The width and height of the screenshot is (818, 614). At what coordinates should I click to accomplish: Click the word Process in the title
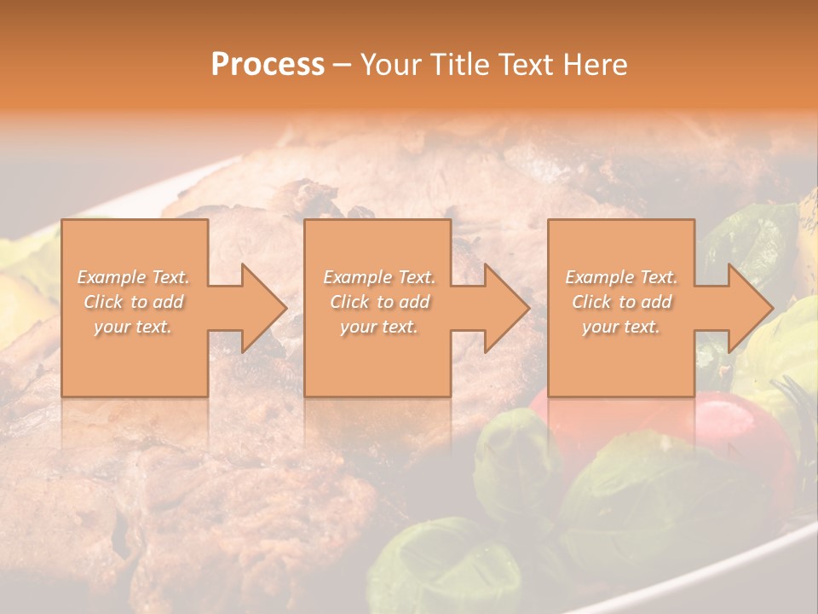pos(268,65)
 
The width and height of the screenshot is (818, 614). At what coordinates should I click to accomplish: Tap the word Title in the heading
pos(456,65)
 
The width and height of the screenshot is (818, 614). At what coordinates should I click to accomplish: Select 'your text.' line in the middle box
pos(378,327)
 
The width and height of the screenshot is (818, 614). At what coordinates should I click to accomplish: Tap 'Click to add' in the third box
pos(622,302)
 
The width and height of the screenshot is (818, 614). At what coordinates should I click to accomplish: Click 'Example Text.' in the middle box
pos(378,277)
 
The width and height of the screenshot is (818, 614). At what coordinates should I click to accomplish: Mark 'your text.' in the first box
pos(133,327)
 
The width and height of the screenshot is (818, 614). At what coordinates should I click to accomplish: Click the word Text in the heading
pos(529,65)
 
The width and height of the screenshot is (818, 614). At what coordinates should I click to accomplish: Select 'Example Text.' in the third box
pos(622,277)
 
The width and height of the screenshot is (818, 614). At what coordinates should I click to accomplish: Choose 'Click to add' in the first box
pos(134,302)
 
